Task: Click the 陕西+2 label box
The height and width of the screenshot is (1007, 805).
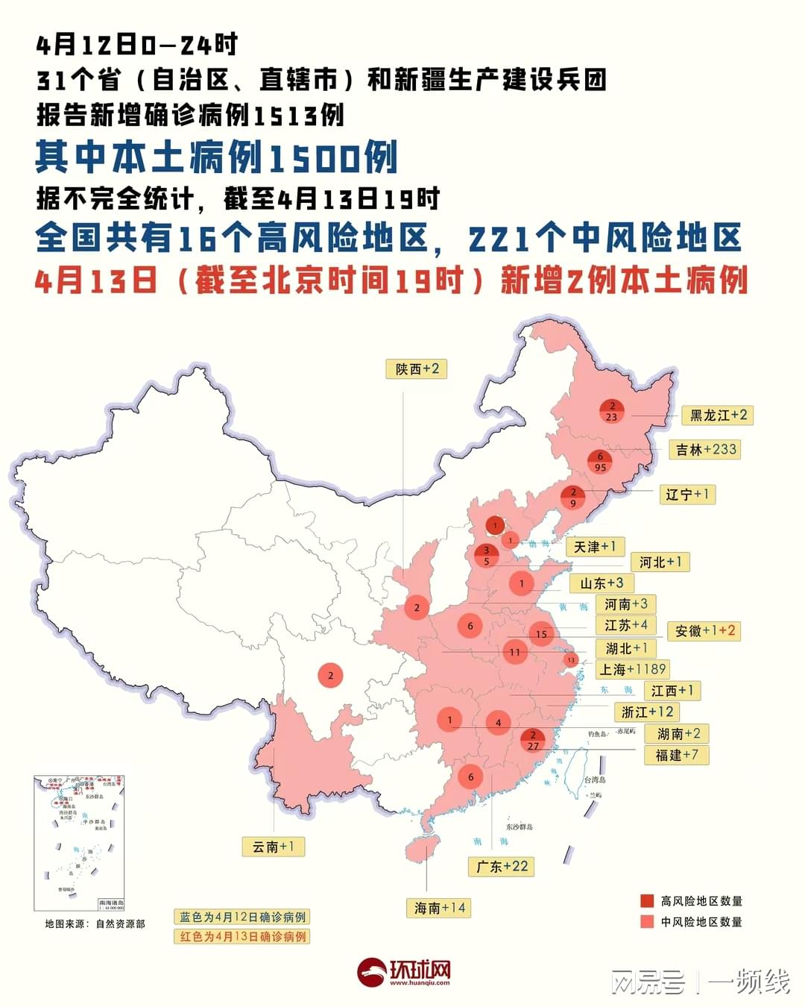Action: pyautogui.click(x=417, y=369)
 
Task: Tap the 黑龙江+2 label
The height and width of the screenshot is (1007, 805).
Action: pyautogui.click(x=718, y=415)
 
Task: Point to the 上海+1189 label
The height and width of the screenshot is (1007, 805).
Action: pyautogui.click(x=632, y=669)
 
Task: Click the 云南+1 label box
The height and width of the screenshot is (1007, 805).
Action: pyautogui.click(x=273, y=847)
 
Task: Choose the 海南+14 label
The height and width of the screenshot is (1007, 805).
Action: pyautogui.click(x=440, y=908)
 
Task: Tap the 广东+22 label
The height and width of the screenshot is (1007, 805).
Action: pyautogui.click(x=502, y=866)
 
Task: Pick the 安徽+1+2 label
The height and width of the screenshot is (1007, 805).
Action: pyautogui.click(x=704, y=631)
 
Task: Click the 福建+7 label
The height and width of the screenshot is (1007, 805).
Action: pyautogui.click(x=676, y=755)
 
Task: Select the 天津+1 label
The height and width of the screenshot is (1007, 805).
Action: pyautogui.click(x=594, y=547)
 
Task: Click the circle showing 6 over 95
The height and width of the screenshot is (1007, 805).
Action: pyautogui.click(x=600, y=462)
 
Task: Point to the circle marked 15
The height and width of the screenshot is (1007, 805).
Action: pyautogui.click(x=541, y=634)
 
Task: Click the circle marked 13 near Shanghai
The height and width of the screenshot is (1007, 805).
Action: pyautogui.click(x=571, y=659)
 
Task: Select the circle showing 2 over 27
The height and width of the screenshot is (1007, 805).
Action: pyautogui.click(x=533, y=740)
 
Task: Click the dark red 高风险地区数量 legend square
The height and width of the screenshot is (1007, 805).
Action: pyautogui.click(x=647, y=901)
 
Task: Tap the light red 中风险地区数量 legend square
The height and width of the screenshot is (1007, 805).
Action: pyautogui.click(x=647, y=922)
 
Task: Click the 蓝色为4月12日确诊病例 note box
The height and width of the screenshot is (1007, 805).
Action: pyautogui.click(x=242, y=917)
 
